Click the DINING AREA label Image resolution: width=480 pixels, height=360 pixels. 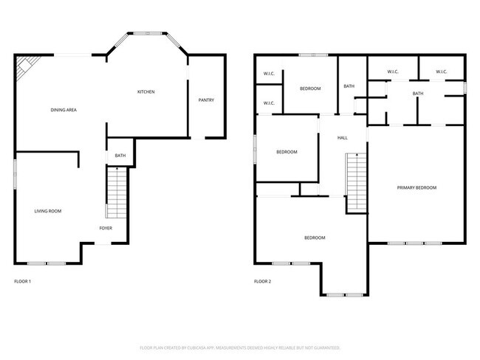[64, 110]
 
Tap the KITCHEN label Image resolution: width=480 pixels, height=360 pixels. [145, 91]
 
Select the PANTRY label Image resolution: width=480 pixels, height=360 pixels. [206, 100]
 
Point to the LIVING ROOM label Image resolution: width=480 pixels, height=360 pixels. [48, 211]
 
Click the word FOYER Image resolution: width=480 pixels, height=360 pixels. [106, 229]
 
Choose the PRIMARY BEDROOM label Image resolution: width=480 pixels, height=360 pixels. [416, 187]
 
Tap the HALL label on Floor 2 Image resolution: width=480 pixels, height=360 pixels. [343, 138]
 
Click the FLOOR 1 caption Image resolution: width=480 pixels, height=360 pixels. [23, 281]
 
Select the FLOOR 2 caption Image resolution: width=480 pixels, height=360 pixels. [263, 281]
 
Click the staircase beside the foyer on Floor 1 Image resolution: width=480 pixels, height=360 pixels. [117, 193]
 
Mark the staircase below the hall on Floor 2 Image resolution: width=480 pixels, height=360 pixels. [357, 180]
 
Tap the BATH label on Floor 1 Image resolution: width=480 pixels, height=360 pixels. [120, 156]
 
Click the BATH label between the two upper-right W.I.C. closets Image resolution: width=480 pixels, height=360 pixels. [418, 93]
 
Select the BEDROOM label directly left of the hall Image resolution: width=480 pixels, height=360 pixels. [287, 152]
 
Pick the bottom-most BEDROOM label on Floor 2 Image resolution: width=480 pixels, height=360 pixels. [315, 238]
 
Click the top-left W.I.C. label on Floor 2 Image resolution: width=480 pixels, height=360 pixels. [269, 74]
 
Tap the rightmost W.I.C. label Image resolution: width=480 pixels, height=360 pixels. [442, 72]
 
